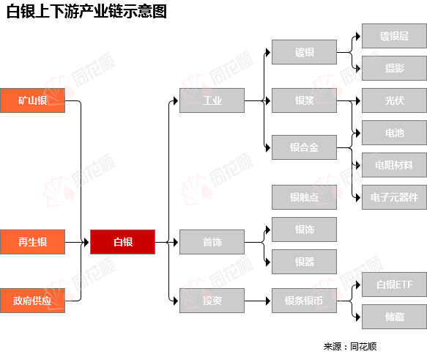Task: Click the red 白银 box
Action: [x=122, y=242]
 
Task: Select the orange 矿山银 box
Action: [x=32, y=100]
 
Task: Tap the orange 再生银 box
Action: [x=32, y=242]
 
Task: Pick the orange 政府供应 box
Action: [x=32, y=301]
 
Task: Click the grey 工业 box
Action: [x=212, y=100]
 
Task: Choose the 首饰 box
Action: [x=212, y=242]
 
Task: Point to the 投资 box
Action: [x=212, y=301]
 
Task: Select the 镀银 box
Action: [x=304, y=52]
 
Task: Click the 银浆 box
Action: [x=304, y=100]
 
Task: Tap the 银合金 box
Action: [x=304, y=147]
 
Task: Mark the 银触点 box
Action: [x=304, y=197]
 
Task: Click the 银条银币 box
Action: [x=304, y=301]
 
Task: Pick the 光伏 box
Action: [x=394, y=100]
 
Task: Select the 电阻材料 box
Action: [x=394, y=165]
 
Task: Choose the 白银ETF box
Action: [x=394, y=284]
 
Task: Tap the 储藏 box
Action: [x=394, y=317]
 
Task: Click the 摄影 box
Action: [x=394, y=68]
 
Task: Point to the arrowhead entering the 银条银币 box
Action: [x=268, y=301]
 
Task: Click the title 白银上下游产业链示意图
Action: [x=86, y=12]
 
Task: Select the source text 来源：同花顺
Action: [x=350, y=346]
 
